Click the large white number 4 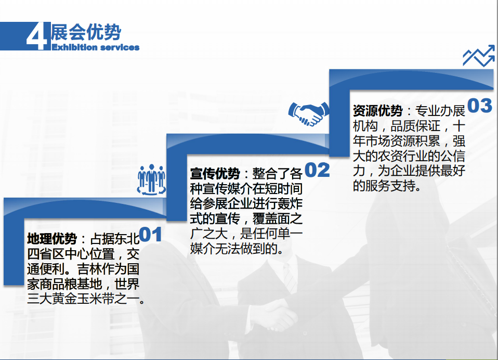point(37,36)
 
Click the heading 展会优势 point(86,32)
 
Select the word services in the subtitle point(120,48)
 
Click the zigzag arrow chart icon point(479,56)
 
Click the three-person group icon point(151,179)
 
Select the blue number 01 point(151,235)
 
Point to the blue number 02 point(317,170)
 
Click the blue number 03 point(480,106)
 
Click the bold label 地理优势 point(52,239)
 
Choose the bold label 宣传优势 point(215,173)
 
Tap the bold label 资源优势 point(377,111)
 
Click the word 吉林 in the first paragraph point(89,269)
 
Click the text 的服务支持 point(384,186)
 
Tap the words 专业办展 point(440,111)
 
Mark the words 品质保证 point(415,126)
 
